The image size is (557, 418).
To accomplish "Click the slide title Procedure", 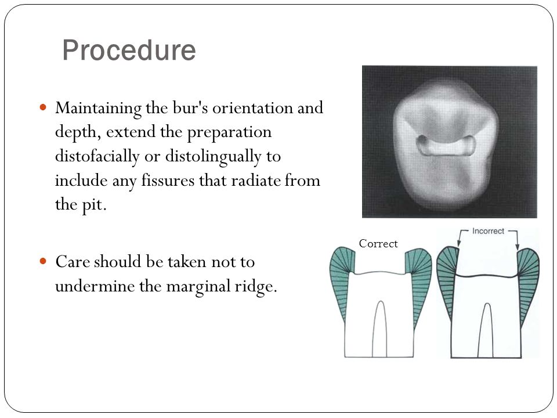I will (129, 51).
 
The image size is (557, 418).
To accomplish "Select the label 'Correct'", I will (378, 244).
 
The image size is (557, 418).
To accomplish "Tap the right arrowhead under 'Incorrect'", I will (518, 247).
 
